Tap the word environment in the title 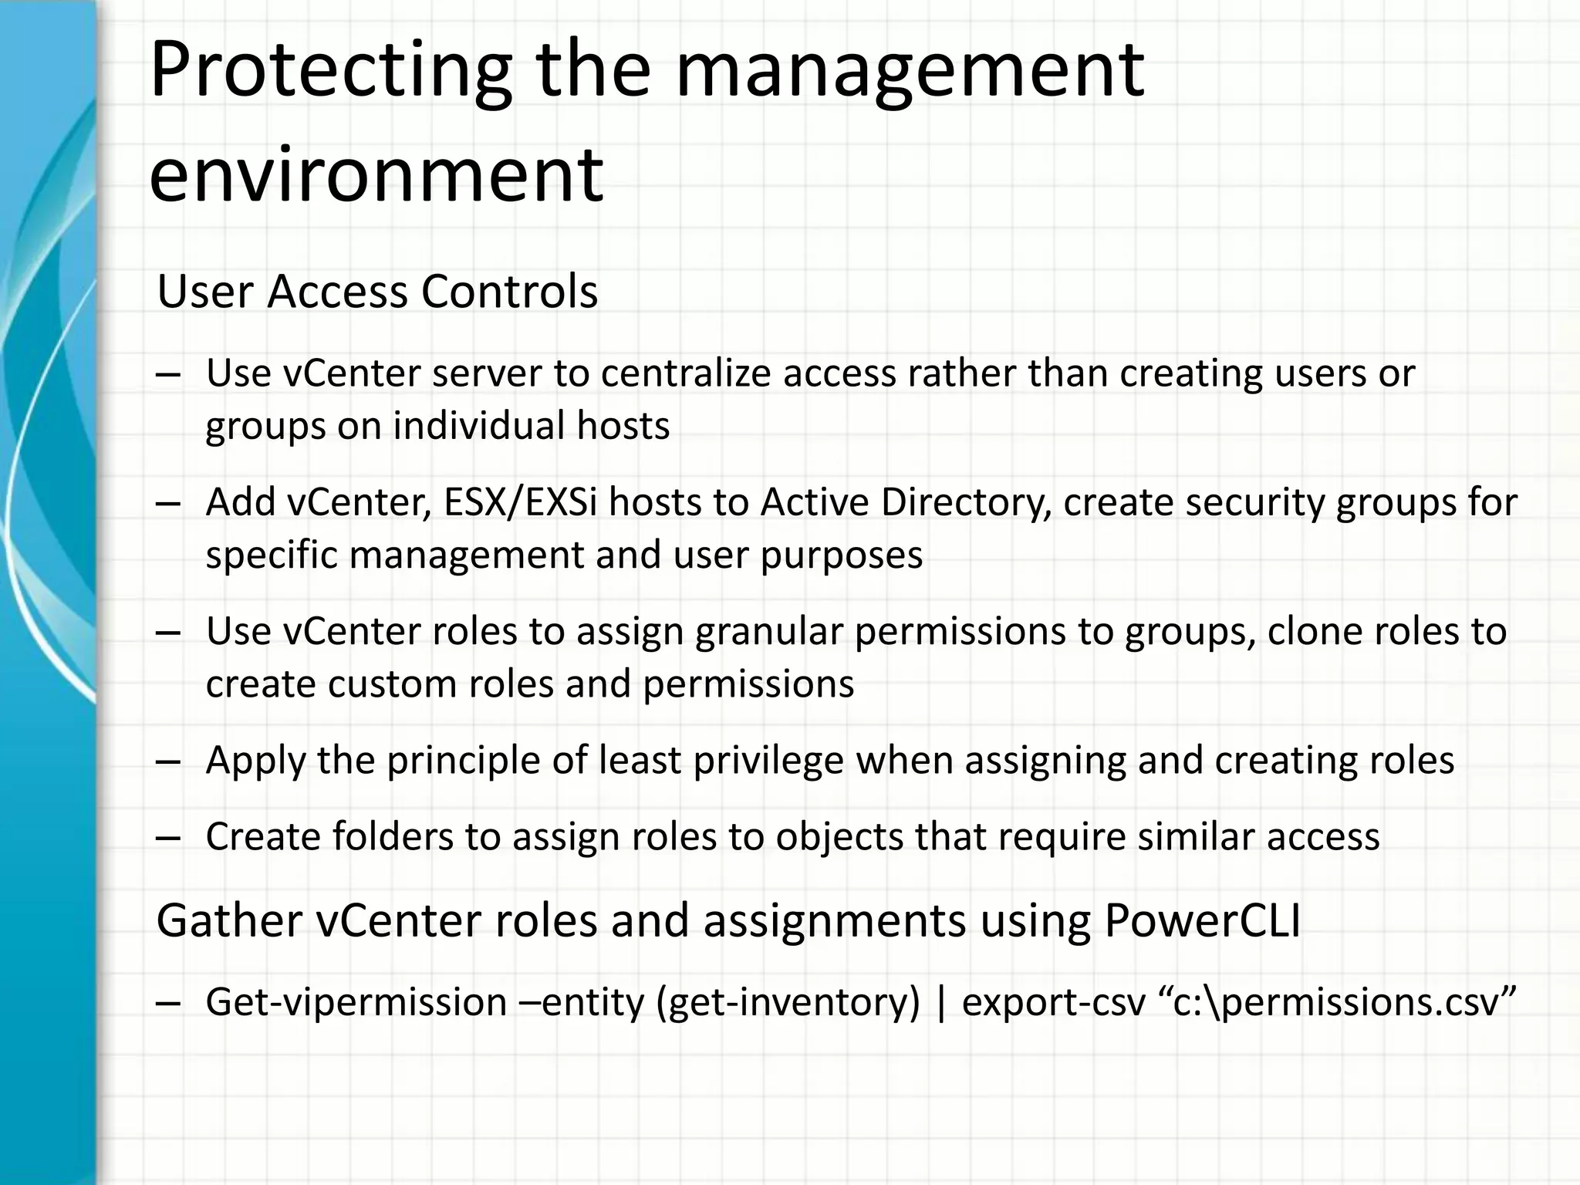tap(376, 175)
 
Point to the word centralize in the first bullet tap(687, 373)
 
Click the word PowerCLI tap(1202, 921)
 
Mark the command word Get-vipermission tap(356, 1003)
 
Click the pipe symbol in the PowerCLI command tap(940, 1003)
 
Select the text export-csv tap(1054, 1003)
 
